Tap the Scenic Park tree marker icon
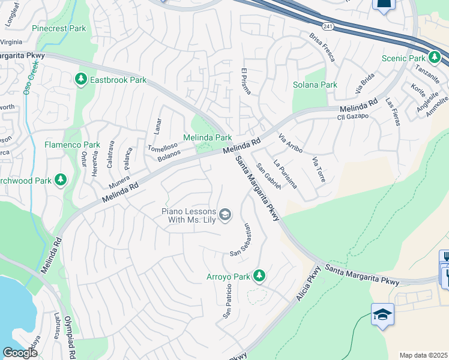coord(435,58)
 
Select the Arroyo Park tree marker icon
coord(259,276)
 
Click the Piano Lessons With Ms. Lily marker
coord(225,215)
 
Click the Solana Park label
coord(315,85)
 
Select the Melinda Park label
coord(207,138)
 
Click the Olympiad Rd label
coord(70,338)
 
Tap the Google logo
coord(20,353)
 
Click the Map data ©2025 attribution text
coord(423,355)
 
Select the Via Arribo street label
coord(291,143)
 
